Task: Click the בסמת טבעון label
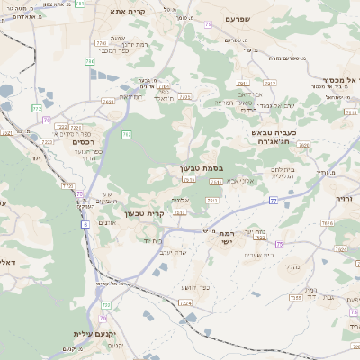(201, 167)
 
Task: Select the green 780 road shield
(89, 61)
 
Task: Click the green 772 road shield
(37, 108)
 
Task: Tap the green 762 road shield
(127, 135)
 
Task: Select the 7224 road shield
(185, 303)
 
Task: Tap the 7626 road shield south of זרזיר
(327, 222)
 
